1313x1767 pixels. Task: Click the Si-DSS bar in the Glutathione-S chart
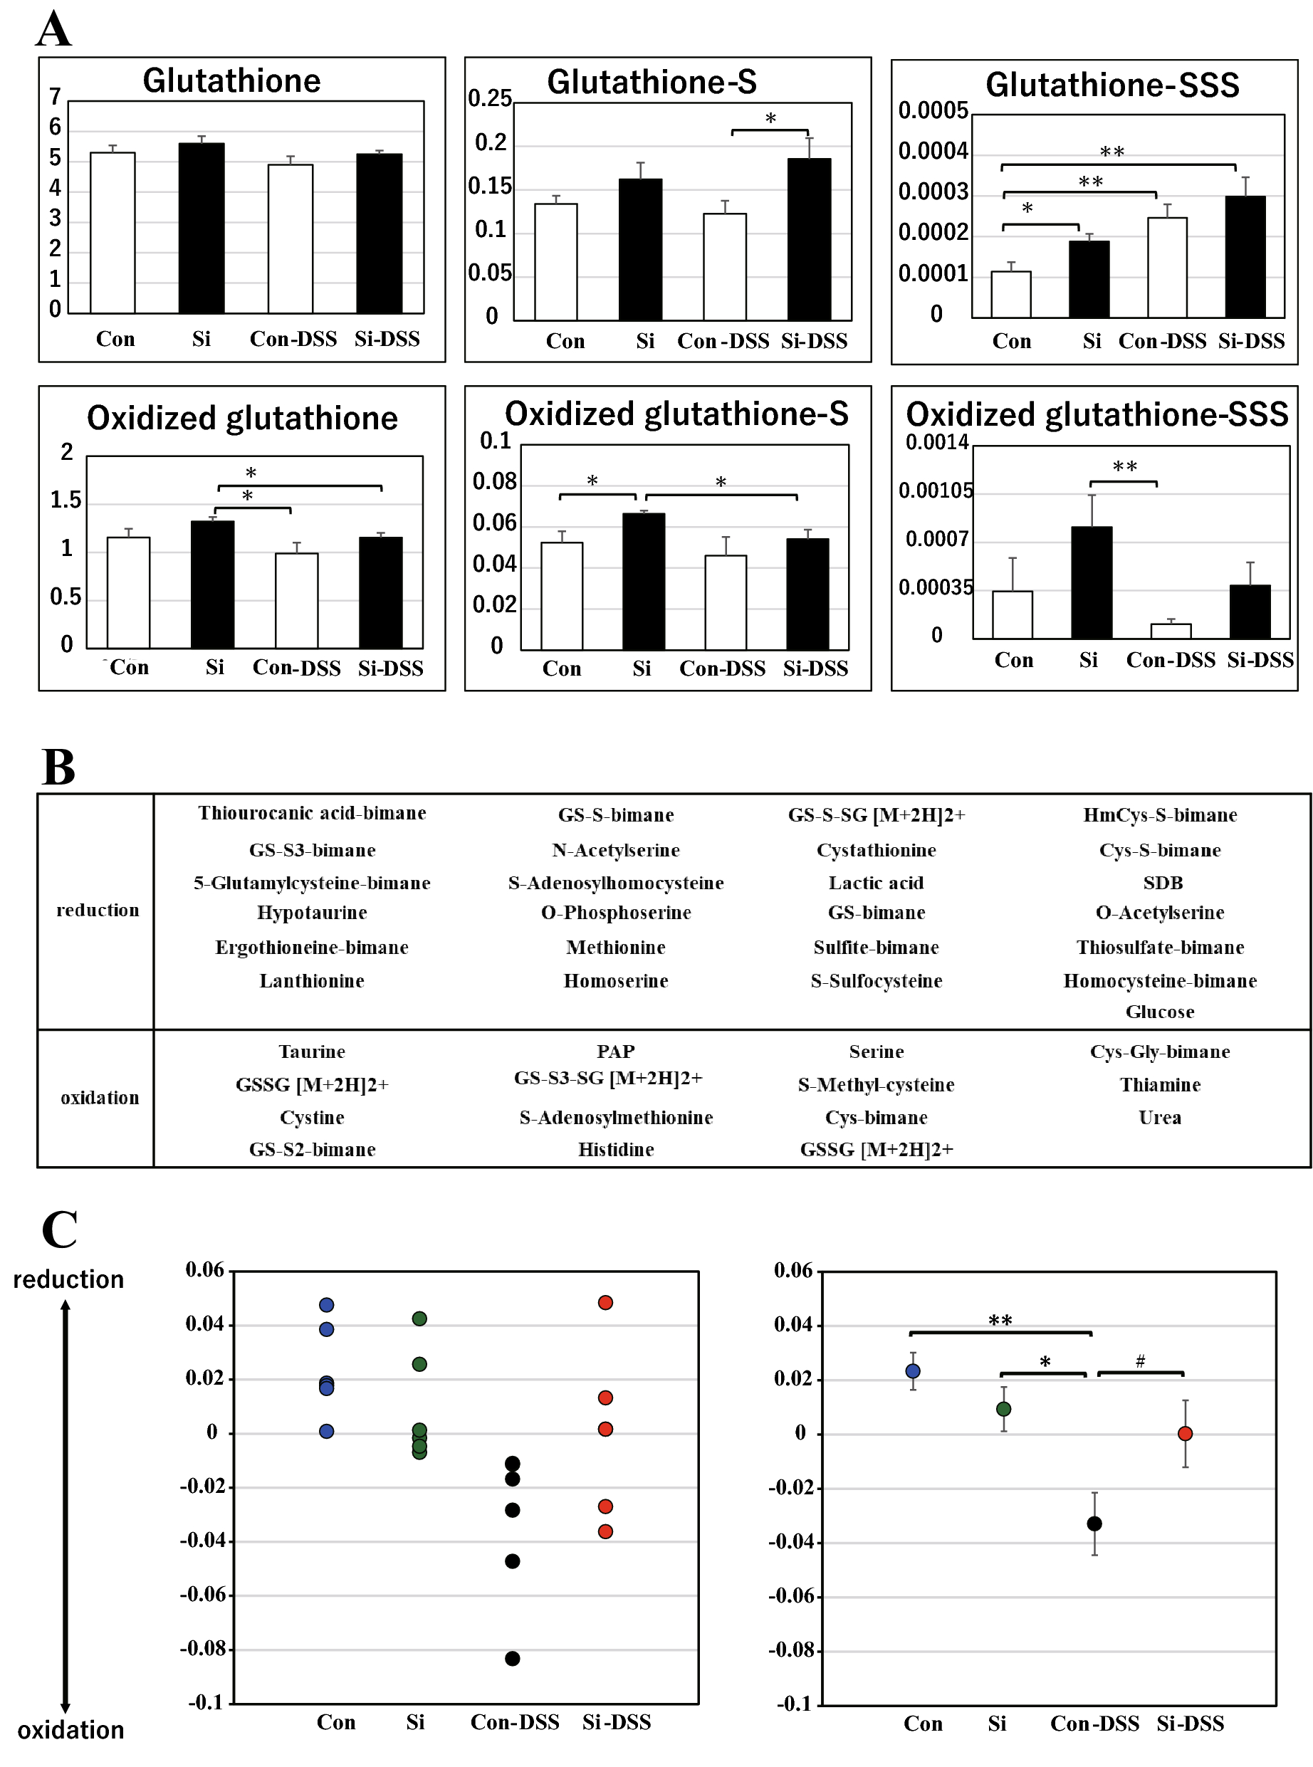point(809,238)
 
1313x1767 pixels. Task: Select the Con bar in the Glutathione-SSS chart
point(1010,295)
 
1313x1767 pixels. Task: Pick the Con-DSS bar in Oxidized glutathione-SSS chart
point(1170,631)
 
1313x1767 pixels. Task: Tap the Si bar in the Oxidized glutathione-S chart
point(643,581)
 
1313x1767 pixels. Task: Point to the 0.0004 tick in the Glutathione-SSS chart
point(932,151)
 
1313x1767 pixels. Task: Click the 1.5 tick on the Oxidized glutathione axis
point(66,500)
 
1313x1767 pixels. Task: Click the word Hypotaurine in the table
point(312,912)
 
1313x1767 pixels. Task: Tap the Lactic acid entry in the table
point(876,883)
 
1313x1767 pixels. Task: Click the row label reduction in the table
point(97,910)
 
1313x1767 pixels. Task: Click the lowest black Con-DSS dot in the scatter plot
point(513,1658)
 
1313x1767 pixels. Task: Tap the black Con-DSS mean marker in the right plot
point(1094,1523)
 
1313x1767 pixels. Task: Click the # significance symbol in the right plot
point(1140,1361)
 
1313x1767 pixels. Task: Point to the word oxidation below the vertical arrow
point(70,1730)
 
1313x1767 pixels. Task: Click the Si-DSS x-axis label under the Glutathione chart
point(387,340)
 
